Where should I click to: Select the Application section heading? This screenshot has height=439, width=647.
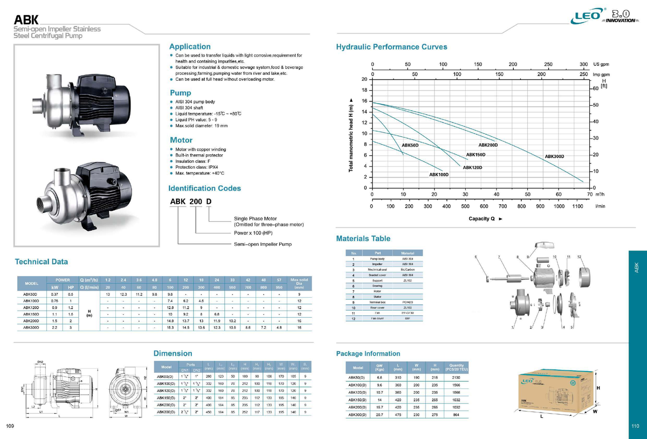coord(190,46)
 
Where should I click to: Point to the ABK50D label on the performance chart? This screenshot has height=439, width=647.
coord(410,146)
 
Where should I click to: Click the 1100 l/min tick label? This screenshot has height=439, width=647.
coord(577,207)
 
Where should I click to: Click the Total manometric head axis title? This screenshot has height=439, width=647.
coord(352,136)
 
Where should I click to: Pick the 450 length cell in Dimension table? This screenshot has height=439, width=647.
coord(208,411)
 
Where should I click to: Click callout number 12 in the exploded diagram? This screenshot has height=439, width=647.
coord(579,256)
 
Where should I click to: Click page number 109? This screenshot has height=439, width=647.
coord(10,427)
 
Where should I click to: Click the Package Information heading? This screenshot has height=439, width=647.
coord(368,354)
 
